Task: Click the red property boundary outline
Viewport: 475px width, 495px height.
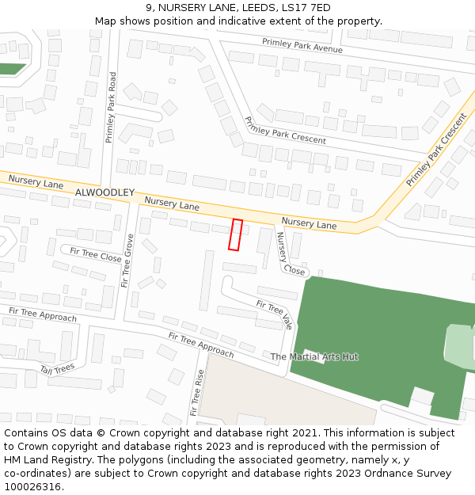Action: pos(235,234)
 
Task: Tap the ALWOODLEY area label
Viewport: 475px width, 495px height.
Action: pos(105,192)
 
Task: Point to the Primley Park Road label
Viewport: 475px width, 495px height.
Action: pos(112,108)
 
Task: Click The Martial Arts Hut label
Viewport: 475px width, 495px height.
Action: pos(314,356)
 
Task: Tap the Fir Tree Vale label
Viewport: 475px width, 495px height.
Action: pos(275,314)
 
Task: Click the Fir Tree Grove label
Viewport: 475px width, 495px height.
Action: pos(127,260)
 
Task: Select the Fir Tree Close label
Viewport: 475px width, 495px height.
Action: pos(96,254)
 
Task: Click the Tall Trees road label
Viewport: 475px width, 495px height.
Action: pos(57,368)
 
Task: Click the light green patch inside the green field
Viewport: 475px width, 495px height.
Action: pos(458,342)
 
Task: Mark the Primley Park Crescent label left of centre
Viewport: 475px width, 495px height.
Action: pos(285,130)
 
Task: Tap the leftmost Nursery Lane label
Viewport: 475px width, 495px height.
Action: pos(36,182)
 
